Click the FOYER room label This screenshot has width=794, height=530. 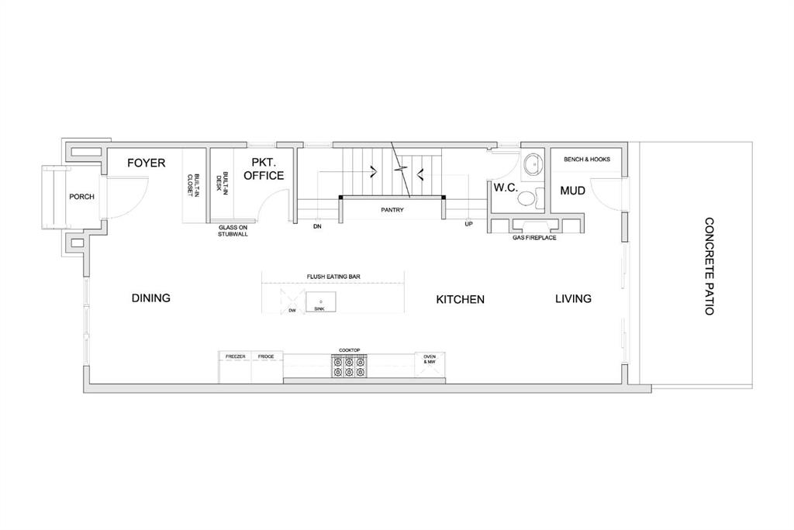coord(147,163)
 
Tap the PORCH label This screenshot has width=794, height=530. coord(81,197)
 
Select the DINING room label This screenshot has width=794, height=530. coord(151,298)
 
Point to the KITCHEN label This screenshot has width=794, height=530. coord(461,300)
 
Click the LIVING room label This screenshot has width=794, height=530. coord(573,298)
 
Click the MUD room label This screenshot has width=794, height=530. coord(573,191)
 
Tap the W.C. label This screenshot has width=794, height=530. coord(506,188)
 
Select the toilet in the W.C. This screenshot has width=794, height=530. coord(530,198)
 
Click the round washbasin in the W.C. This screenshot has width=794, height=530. coord(532,164)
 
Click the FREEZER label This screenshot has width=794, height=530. coord(236,357)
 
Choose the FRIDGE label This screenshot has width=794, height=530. coord(266,357)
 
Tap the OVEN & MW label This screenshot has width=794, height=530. coord(430,360)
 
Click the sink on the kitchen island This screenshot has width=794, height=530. coord(320,301)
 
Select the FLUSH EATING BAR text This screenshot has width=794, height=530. coord(333,277)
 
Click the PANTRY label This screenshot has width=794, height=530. coord(392,209)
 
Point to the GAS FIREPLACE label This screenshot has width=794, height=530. coord(534,237)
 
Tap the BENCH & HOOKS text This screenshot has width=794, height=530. coord(587,159)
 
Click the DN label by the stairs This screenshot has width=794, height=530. coord(317,226)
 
